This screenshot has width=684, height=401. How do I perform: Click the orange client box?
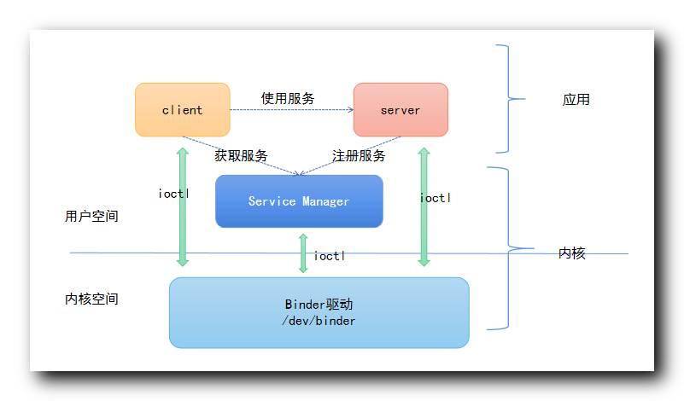(182, 109)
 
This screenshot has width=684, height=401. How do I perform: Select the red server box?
(400, 109)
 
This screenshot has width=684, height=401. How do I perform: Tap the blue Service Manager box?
(299, 201)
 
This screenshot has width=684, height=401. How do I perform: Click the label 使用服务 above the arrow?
(288, 98)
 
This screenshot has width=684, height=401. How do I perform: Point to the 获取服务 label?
(241, 156)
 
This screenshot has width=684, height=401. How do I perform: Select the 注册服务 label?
(359, 156)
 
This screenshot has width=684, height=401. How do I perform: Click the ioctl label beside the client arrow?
(174, 194)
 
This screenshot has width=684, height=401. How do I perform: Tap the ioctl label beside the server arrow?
(436, 198)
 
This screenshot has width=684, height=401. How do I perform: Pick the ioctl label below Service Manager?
(330, 256)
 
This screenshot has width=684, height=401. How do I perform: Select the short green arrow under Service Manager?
(303, 253)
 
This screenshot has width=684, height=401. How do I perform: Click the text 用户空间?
(91, 217)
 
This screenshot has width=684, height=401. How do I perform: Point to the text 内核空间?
(91, 299)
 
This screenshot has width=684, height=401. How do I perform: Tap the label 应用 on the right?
(576, 100)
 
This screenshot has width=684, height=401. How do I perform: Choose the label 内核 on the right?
(572, 253)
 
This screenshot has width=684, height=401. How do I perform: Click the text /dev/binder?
(319, 321)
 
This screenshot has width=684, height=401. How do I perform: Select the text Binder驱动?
(319, 305)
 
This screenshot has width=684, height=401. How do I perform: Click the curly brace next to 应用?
(510, 99)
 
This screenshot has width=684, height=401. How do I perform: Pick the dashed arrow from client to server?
(290, 109)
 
